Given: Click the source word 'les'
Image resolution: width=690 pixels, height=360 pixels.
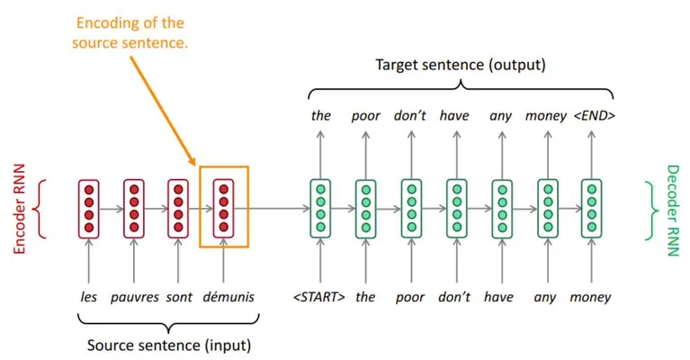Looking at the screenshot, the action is pos(88,297).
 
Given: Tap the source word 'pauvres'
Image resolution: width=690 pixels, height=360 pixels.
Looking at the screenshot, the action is pos(135,298).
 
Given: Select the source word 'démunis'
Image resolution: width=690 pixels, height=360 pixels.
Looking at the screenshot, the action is pos(229,297).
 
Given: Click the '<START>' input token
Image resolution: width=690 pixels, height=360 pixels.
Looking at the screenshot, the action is pos(319,297).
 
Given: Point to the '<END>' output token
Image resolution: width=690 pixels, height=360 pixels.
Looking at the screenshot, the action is pos(595,116).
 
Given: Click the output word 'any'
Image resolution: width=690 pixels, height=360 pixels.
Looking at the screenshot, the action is pos(501,117).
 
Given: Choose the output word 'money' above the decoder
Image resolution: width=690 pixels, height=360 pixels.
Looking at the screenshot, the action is pos(546,116).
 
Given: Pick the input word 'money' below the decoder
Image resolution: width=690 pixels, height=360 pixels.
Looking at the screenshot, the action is pos(590,298).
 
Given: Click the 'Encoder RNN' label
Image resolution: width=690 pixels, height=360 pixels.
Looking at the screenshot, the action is pos(20,209).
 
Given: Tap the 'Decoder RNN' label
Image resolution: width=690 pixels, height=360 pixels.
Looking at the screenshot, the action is pos(673,211).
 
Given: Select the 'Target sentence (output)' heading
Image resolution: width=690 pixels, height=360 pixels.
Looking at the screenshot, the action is pos(461,65).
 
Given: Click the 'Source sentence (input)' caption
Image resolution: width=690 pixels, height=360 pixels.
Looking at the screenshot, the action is pos(169,345).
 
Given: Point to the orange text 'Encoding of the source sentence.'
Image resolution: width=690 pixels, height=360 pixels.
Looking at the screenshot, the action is pos(130,33).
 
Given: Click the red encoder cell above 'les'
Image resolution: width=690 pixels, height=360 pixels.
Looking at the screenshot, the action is pos(89,209).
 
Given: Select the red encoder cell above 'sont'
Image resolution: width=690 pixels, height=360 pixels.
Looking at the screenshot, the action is pos(178,209).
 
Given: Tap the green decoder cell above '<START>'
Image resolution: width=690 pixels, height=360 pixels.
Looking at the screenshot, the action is pos(320,209).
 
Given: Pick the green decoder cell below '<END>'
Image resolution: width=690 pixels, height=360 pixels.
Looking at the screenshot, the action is pos(592,209).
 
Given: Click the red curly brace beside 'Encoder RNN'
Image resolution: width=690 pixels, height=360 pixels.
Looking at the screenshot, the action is pos(40,209).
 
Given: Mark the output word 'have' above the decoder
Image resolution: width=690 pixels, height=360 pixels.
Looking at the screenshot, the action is pos(454,116).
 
